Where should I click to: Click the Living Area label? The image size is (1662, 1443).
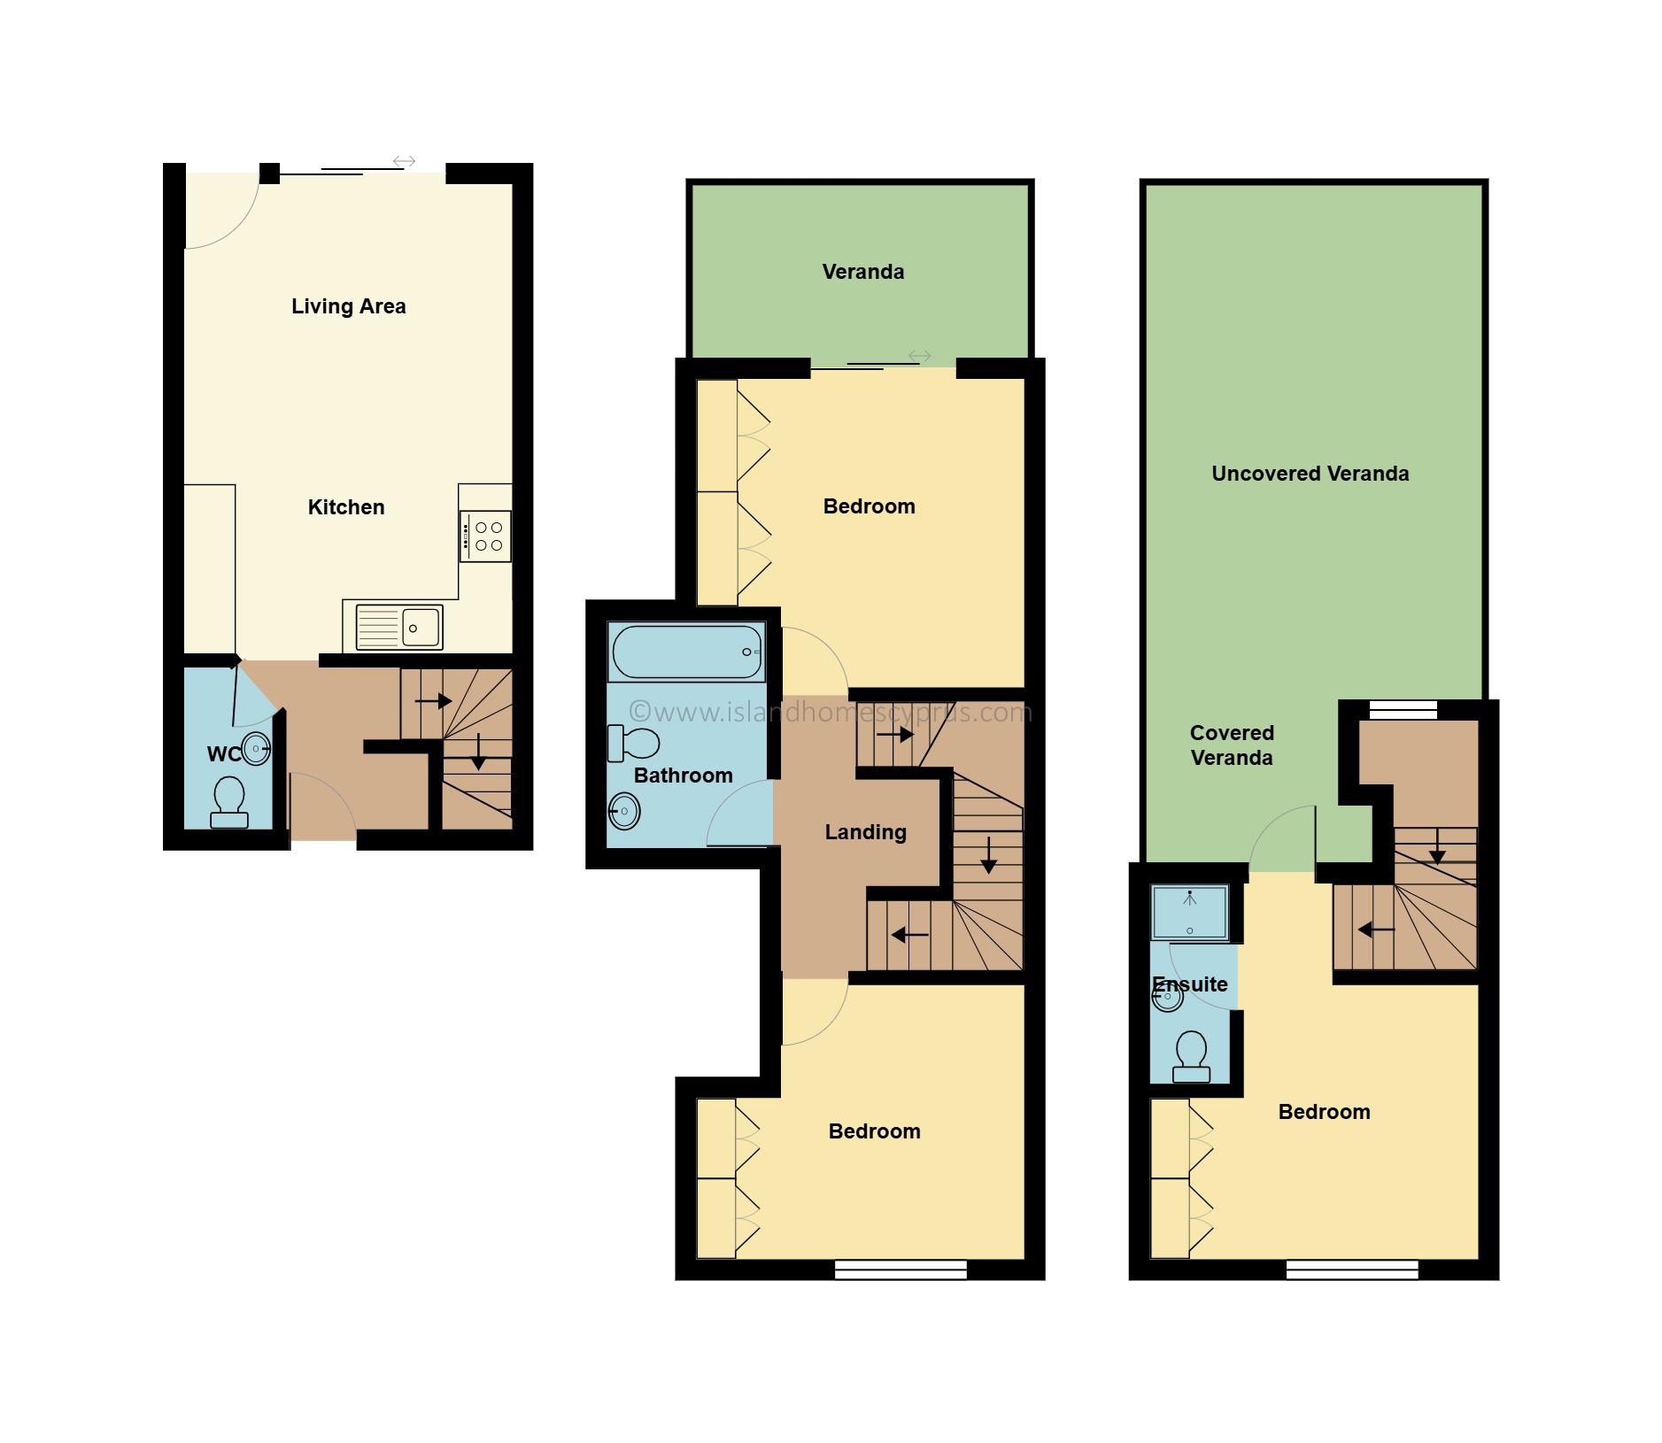click(349, 306)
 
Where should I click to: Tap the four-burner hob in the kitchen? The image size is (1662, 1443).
click(485, 536)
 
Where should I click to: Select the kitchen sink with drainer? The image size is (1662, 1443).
click(398, 628)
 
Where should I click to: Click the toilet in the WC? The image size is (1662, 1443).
click(229, 802)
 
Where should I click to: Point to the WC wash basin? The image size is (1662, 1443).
click(255, 749)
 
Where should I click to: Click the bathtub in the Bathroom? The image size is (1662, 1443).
click(685, 652)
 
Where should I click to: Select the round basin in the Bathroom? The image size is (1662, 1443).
click(624, 811)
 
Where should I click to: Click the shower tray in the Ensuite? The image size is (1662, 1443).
click(1189, 912)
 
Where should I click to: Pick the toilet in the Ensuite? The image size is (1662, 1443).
click(1191, 1057)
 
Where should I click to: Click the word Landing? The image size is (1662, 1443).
click(866, 832)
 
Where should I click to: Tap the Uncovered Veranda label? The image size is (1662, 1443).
click(1310, 474)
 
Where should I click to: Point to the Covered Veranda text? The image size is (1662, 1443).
click(1232, 745)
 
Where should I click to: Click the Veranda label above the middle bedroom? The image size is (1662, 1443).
click(863, 272)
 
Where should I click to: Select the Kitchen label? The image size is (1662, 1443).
click(346, 507)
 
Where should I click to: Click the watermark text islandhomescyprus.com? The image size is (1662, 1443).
click(831, 712)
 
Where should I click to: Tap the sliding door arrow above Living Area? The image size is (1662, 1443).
click(404, 161)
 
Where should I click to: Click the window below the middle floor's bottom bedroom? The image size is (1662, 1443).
click(901, 1270)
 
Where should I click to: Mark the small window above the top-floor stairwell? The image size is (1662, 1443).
click(1403, 710)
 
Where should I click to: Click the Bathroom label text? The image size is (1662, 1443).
click(684, 776)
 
